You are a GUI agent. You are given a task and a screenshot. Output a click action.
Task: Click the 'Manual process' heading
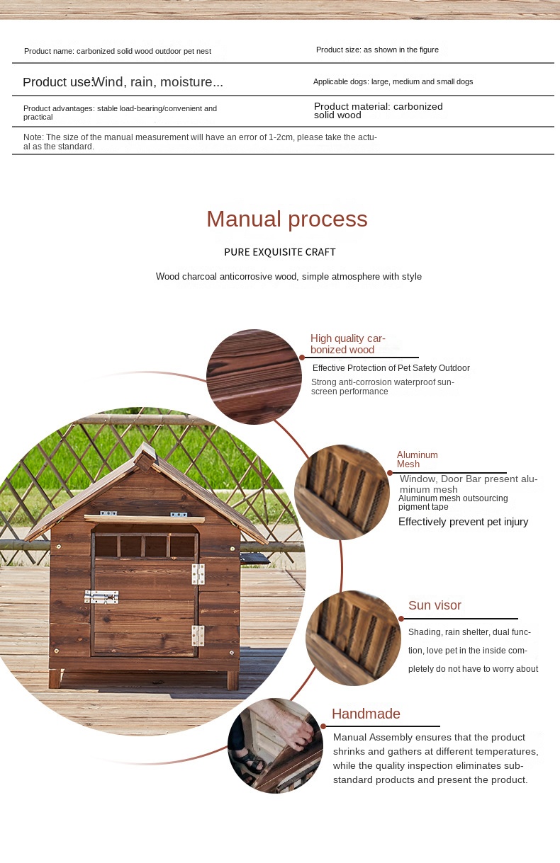tap(286, 219)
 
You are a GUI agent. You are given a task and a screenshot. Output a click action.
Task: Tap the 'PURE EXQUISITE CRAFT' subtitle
tap(280, 252)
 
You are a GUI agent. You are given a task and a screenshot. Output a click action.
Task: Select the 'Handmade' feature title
tap(366, 714)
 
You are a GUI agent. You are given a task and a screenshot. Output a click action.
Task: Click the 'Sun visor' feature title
tap(435, 605)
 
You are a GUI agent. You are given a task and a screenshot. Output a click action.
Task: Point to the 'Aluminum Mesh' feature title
tap(418, 459)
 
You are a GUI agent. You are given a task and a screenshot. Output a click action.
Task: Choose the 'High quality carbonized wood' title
tap(348, 344)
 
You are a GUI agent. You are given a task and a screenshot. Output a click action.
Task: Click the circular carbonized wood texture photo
tap(254, 377)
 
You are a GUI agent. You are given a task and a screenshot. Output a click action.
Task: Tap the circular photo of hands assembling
tap(276, 745)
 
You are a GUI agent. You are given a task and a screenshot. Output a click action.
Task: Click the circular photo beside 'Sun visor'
tap(353, 638)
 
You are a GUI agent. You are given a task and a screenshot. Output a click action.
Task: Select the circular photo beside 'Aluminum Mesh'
tap(342, 492)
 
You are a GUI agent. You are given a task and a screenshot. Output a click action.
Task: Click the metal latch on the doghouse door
tap(101, 598)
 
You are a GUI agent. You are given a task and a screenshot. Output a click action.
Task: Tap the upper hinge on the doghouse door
tap(198, 573)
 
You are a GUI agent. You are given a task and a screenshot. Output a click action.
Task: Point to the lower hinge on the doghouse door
tap(198, 635)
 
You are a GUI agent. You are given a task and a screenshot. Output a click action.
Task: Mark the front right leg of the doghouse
tap(232, 680)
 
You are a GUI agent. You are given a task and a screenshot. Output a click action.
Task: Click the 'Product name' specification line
tap(118, 51)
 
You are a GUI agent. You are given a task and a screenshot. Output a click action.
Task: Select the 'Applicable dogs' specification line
tap(393, 81)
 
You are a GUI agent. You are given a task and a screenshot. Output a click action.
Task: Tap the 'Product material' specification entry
tap(378, 110)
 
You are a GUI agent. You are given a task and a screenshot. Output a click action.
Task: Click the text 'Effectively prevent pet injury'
tap(463, 522)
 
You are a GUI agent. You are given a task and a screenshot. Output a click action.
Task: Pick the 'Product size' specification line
tap(377, 50)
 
